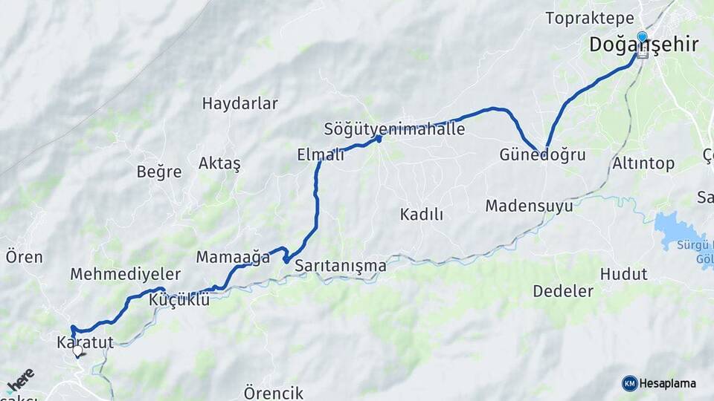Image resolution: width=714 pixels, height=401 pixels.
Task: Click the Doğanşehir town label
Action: pyautogui.click(x=643, y=45)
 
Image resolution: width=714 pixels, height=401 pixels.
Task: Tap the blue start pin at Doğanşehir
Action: pyautogui.click(x=642, y=36)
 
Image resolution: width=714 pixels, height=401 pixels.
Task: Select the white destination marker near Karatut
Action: pyautogui.click(x=77, y=351)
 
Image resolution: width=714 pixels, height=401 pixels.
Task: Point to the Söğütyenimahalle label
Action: pyautogui.click(x=394, y=129)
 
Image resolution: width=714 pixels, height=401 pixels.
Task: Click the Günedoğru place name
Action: pyautogui.click(x=542, y=155)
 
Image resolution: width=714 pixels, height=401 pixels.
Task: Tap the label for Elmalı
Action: pyautogui.click(x=321, y=154)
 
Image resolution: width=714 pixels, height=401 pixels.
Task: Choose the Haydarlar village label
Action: pyautogui.click(x=239, y=103)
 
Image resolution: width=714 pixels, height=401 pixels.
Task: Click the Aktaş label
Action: pyautogui.click(x=219, y=163)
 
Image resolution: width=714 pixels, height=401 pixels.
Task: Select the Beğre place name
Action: pyautogui.click(x=158, y=172)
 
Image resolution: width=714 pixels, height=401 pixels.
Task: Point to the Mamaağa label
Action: pyautogui.click(x=233, y=258)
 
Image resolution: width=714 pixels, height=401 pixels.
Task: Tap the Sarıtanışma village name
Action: pyautogui.click(x=341, y=265)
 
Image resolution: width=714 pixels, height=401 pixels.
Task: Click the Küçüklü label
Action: pyautogui.click(x=179, y=300)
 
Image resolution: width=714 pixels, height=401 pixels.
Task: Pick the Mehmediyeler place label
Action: pyautogui.click(x=125, y=274)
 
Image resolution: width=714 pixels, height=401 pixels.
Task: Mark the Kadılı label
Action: pyautogui.click(x=421, y=215)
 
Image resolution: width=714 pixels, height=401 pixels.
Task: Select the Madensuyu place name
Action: pyautogui.click(x=529, y=206)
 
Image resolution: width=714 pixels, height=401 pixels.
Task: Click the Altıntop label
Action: pyautogui.click(x=643, y=163)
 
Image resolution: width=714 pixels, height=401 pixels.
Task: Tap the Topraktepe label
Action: pyautogui.click(x=589, y=18)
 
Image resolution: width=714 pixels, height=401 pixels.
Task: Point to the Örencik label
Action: pyautogui.click(x=273, y=392)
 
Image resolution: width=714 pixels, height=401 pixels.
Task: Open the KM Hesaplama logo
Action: pyautogui.click(x=659, y=383)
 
